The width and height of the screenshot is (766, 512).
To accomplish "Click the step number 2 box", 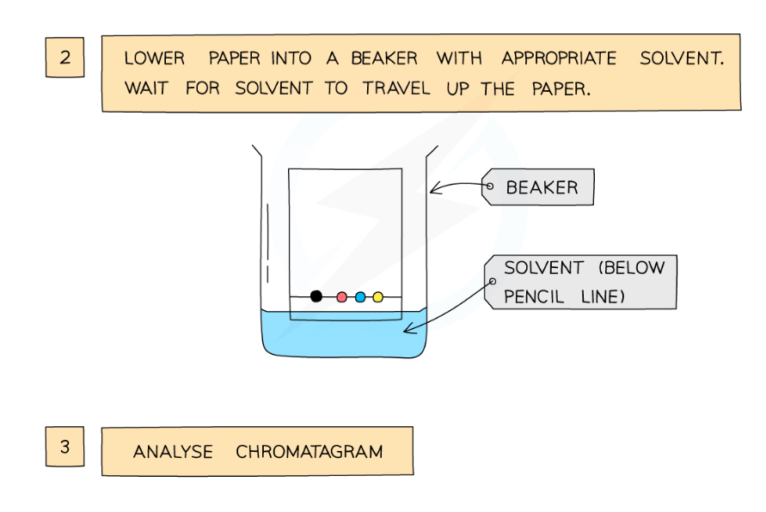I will coord(65,58).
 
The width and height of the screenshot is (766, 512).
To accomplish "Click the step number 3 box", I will coord(65,447).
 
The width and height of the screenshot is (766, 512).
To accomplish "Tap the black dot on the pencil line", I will coord(316,296).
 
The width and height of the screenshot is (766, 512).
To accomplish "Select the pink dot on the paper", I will coord(342,297).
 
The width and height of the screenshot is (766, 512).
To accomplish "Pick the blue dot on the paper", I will coord(360,297).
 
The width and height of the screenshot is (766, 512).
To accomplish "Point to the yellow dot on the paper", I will coord(377,297).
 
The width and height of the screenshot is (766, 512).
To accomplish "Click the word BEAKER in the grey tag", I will coord(542,187).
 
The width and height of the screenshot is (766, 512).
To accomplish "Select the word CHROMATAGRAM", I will coord(309,452).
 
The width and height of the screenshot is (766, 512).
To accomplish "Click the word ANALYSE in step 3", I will coord(173,452).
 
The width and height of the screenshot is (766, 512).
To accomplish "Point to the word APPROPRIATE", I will coord(559,59).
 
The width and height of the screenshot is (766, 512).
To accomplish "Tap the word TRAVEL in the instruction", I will coord(396,88).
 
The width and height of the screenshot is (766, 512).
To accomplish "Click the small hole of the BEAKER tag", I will coord(489,186).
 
